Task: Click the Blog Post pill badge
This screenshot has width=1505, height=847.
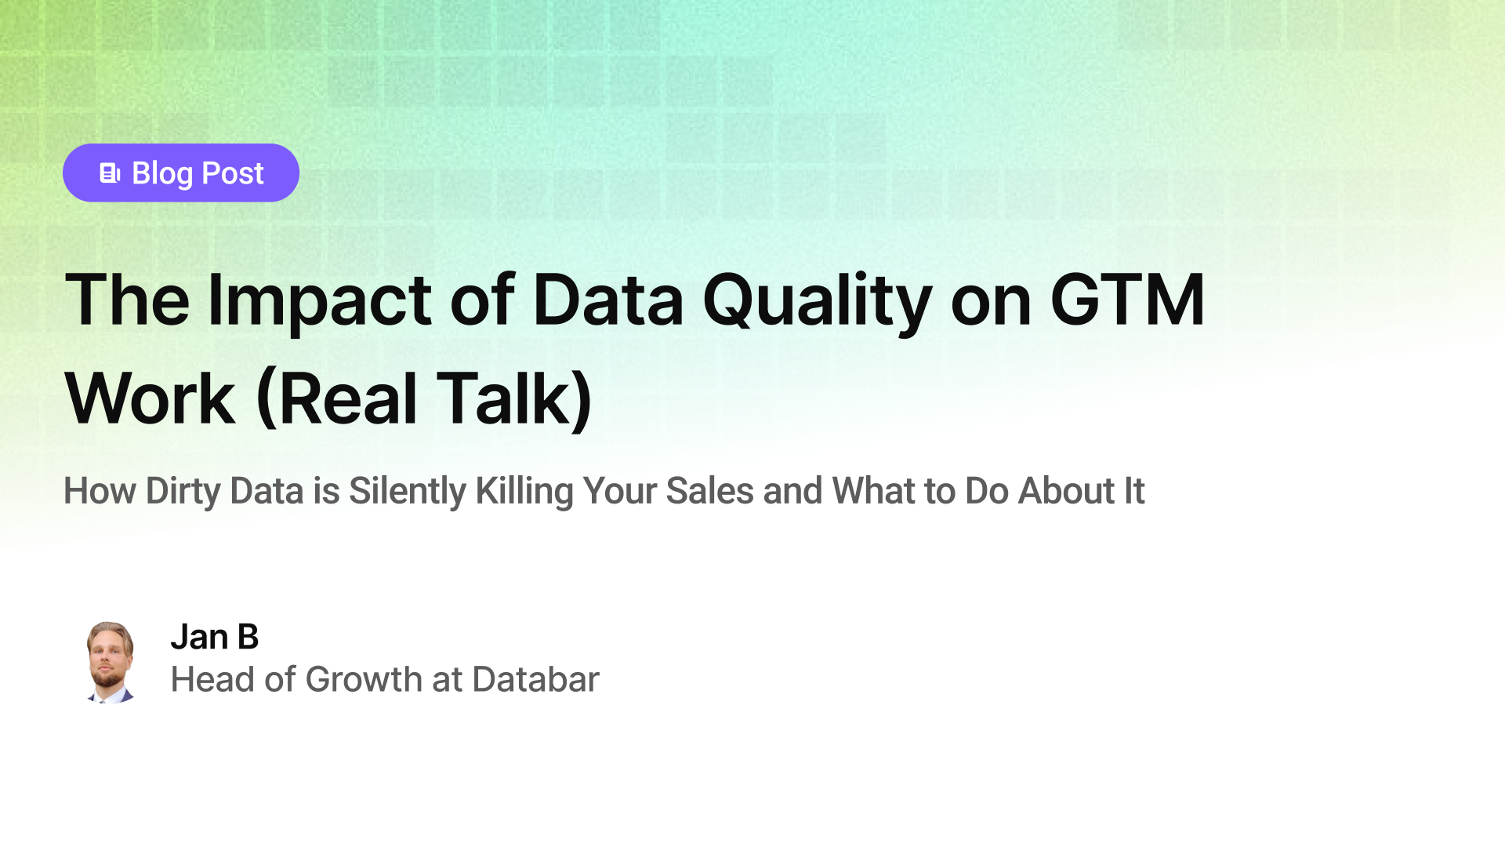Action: (180, 173)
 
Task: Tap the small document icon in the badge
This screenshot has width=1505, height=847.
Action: (110, 173)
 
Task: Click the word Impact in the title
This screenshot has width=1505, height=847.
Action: (318, 300)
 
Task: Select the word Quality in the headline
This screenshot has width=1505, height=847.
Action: (817, 300)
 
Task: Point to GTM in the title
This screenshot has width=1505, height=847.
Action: (1126, 300)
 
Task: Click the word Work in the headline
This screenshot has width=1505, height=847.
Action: (150, 398)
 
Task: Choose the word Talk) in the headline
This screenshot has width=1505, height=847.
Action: (513, 398)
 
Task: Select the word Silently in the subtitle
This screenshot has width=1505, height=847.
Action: (407, 491)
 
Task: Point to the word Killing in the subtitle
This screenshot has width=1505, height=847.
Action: (524, 491)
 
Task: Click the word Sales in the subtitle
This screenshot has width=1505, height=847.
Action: (709, 491)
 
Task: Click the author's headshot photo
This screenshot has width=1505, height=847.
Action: (110, 662)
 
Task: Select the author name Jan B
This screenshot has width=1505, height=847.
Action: (214, 637)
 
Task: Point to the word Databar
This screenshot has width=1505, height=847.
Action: (535, 679)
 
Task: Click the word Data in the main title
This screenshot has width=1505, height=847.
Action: (607, 300)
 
